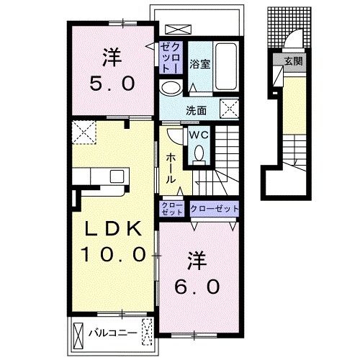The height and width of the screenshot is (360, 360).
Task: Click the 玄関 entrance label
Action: (x=293, y=61)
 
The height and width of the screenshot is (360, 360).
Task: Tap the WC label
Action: (x=199, y=135)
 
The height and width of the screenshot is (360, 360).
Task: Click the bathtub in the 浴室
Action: (x=225, y=66)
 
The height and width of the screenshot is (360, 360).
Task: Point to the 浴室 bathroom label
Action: (x=199, y=64)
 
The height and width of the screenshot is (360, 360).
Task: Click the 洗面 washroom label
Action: (x=197, y=111)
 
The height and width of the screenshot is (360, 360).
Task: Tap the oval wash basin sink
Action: (x=171, y=88)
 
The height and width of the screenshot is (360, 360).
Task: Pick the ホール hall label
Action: (x=171, y=168)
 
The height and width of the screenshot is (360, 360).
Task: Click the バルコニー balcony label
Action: (x=113, y=333)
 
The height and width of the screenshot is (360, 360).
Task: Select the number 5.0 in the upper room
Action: (x=112, y=84)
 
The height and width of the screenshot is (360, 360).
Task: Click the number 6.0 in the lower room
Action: (x=197, y=287)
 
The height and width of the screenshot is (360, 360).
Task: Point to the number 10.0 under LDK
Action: (x=113, y=254)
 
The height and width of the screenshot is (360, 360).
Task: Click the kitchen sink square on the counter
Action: (x=117, y=176)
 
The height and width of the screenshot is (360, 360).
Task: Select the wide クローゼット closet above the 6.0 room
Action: (x=214, y=209)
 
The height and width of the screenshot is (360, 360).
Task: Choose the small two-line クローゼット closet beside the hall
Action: (x=172, y=209)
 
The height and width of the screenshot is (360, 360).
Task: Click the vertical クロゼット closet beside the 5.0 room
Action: (x=171, y=58)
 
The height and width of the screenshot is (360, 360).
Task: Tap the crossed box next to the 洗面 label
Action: (x=230, y=109)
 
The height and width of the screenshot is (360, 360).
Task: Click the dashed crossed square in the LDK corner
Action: (x=84, y=132)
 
